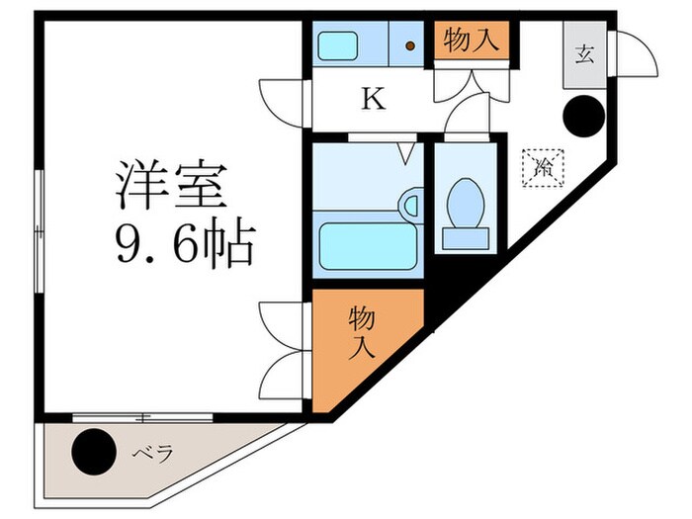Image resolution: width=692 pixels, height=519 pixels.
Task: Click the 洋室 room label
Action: coord(172,186)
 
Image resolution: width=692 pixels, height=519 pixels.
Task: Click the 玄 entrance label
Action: coord(584,53)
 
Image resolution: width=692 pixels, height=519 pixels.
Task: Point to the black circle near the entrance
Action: coord(582,117)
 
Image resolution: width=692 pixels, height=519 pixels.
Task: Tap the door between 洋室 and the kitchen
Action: coord(282,99)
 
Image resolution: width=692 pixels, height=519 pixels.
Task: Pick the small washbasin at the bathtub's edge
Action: coord(409,206)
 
